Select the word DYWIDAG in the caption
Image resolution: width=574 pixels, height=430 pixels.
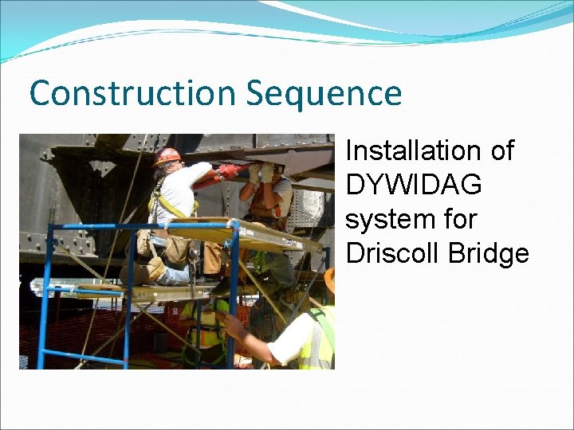click(414, 185)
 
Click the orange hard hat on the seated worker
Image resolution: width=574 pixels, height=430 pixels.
click(167, 156)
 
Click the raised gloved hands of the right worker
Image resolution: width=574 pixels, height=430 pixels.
click(261, 171)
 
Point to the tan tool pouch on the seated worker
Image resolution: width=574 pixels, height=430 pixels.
click(175, 248)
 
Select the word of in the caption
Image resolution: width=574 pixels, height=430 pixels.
click(500, 150)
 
